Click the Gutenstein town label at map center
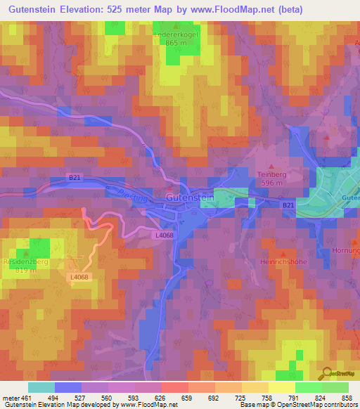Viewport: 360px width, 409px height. click(188, 197)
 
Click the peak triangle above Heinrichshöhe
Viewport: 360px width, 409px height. click(283, 253)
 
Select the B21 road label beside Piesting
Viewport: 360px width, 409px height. click(75, 178)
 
